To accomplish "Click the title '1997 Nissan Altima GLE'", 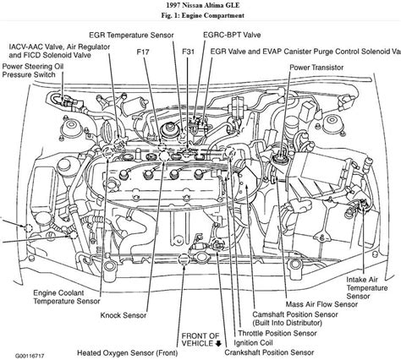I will point(200,6).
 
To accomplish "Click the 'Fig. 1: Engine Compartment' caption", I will point(200,17).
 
